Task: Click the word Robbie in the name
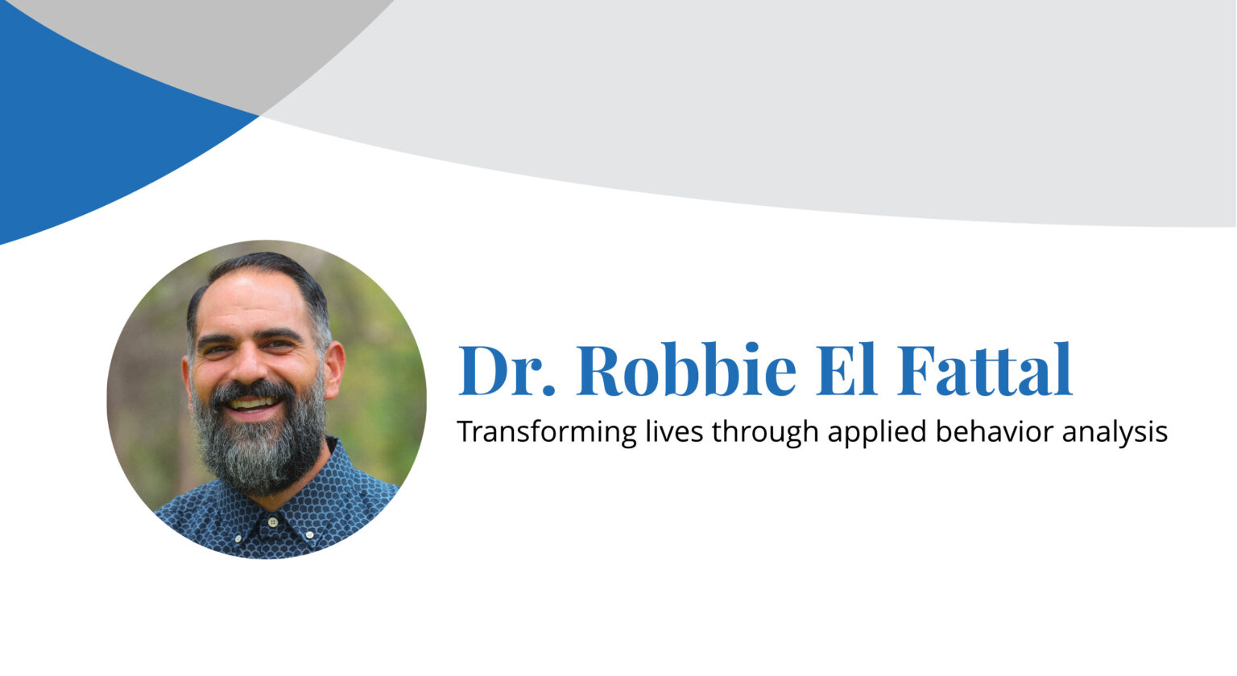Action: click(686, 371)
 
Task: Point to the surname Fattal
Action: click(984, 371)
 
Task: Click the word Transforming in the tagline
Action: click(546, 432)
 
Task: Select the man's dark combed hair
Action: click(266, 267)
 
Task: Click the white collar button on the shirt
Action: click(273, 522)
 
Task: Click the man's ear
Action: click(334, 366)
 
